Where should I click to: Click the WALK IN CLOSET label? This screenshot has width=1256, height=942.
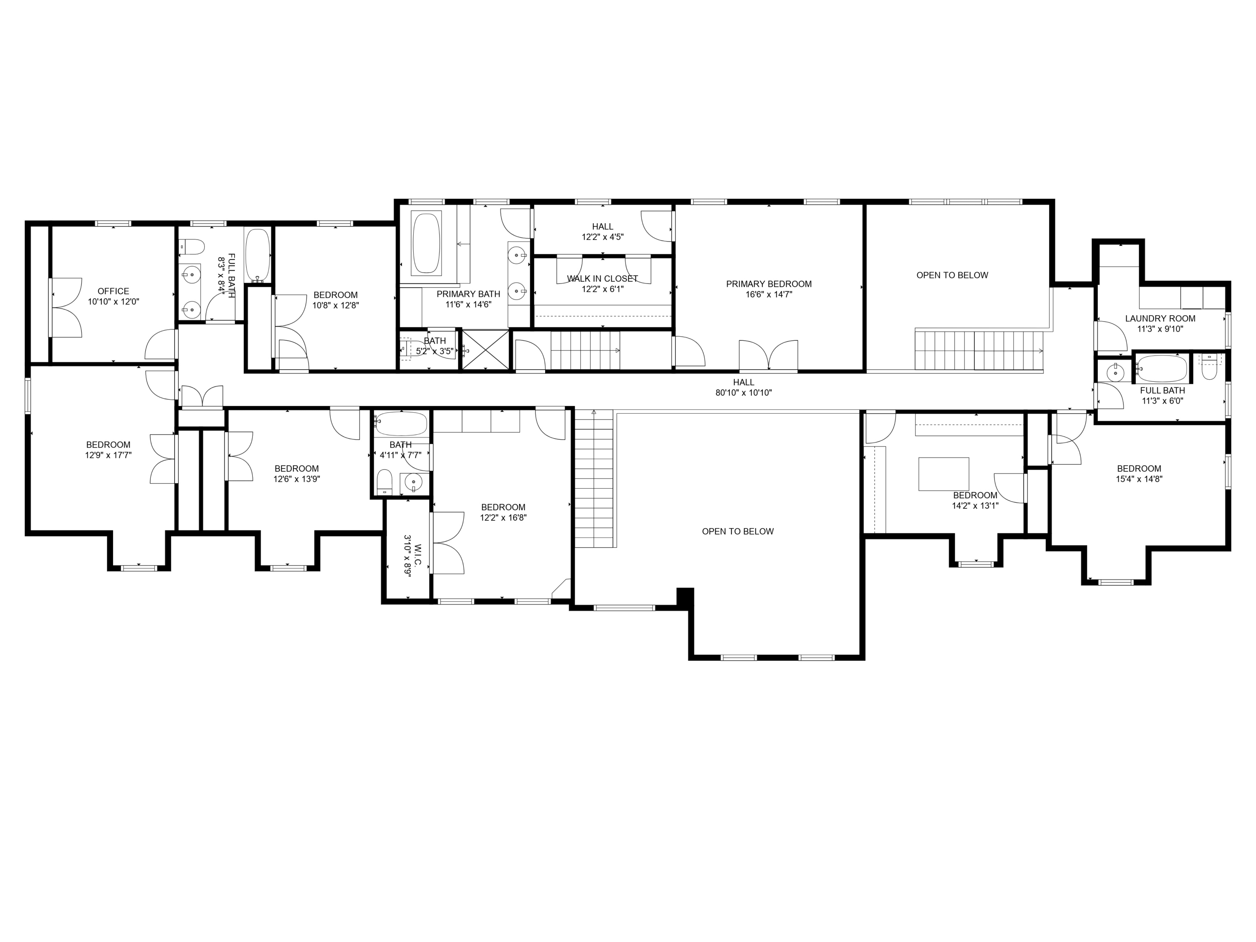point(602,279)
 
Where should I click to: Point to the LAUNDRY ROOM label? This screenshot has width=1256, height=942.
point(1160,319)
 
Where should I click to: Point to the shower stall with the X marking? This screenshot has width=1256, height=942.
point(486,350)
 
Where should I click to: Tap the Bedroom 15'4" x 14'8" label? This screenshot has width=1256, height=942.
point(1139,468)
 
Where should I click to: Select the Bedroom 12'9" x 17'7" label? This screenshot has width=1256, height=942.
point(108,445)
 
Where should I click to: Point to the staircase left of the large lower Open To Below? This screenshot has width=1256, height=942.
point(594,480)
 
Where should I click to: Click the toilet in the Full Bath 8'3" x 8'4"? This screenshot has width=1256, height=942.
point(193,247)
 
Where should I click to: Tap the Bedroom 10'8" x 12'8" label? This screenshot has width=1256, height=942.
point(336,295)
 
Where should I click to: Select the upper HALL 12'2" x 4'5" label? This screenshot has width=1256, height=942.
point(602,226)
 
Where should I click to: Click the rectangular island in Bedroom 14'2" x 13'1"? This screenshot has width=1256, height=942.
point(944,474)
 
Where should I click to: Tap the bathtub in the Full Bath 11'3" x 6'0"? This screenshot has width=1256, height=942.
point(1162,368)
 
